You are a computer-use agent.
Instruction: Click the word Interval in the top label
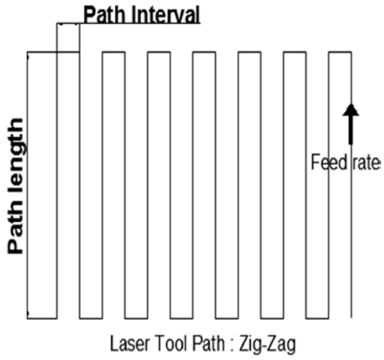point(162,14)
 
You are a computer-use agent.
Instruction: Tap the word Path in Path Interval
point(102,14)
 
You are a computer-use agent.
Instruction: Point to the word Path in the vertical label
point(15,229)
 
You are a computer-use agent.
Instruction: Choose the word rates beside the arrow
point(364,160)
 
